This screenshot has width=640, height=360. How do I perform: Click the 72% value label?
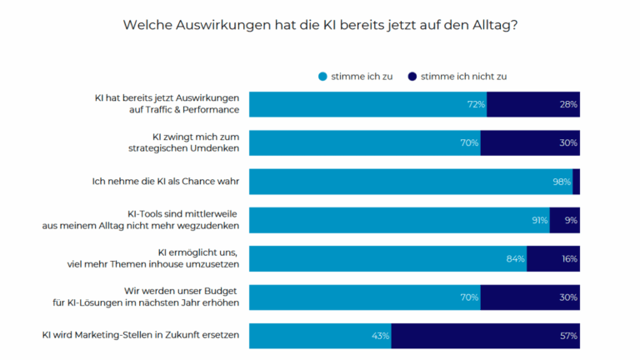click(x=476, y=104)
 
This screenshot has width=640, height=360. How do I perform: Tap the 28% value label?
click(x=568, y=104)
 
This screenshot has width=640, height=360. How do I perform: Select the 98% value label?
click(x=562, y=182)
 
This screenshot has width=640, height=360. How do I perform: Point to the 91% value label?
click(x=538, y=220)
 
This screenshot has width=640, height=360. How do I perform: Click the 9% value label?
click(x=571, y=220)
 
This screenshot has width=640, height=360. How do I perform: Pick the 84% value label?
click(x=516, y=258)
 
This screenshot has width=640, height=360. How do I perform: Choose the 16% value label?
click(x=568, y=258)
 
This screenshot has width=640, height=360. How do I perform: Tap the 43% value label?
click(x=381, y=336)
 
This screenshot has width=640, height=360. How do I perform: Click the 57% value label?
click(x=568, y=336)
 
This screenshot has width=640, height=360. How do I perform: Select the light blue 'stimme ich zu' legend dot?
click(x=322, y=76)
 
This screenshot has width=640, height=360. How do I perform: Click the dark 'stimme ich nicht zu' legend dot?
click(x=412, y=76)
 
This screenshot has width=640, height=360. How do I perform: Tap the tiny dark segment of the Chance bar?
click(x=576, y=182)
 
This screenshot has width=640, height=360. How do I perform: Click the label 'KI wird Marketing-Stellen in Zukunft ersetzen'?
click(x=141, y=335)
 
